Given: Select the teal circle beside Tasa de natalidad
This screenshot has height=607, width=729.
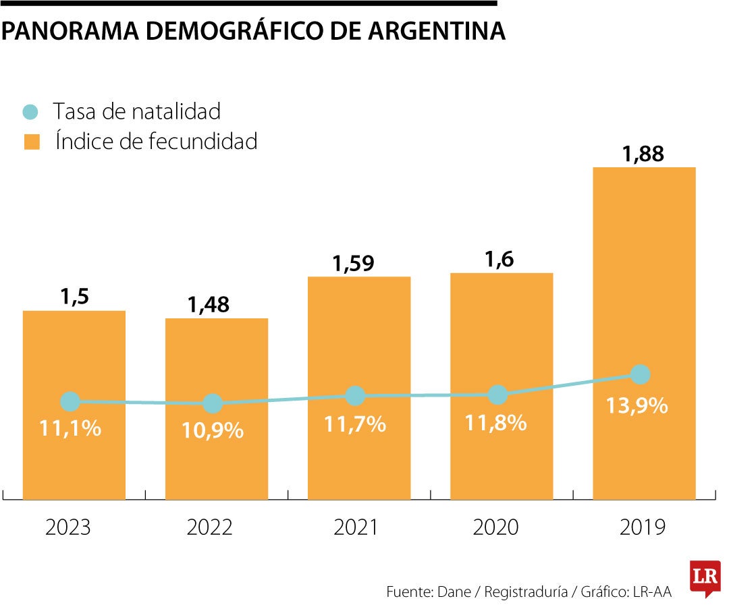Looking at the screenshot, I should pyautogui.click(x=31, y=111).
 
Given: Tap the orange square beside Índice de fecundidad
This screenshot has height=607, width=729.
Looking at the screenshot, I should pyautogui.click(x=31, y=142).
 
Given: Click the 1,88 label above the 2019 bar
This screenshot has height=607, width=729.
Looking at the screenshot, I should pyautogui.click(x=643, y=154).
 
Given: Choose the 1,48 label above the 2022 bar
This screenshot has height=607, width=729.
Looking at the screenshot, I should pyautogui.click(x=209, y=304).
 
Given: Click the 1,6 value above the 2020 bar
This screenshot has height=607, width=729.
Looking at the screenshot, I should pyautogui.click(x=501, y=259).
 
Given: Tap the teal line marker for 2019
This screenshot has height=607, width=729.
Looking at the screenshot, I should pyautogui.click(x=640, y=374).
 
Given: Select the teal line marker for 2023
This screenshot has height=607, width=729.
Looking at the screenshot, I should pyautogui.click(x=70, y=402).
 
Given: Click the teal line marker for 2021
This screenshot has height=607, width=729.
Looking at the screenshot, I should pyautogui.click(x=355, y=396).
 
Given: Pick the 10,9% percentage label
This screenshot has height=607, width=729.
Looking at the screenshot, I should pyautogui.click(x=213, y=430).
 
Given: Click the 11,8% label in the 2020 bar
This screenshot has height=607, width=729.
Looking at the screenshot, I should pyautogui.click(x=495, y=422).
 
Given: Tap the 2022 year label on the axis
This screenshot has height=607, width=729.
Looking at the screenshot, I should pyautogui.click(x=211, y=527).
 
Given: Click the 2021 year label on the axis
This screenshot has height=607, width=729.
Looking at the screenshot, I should pyautogui.click(x=356, y=527).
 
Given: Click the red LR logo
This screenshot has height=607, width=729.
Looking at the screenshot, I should pyautogui.click(x=705, y=577).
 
